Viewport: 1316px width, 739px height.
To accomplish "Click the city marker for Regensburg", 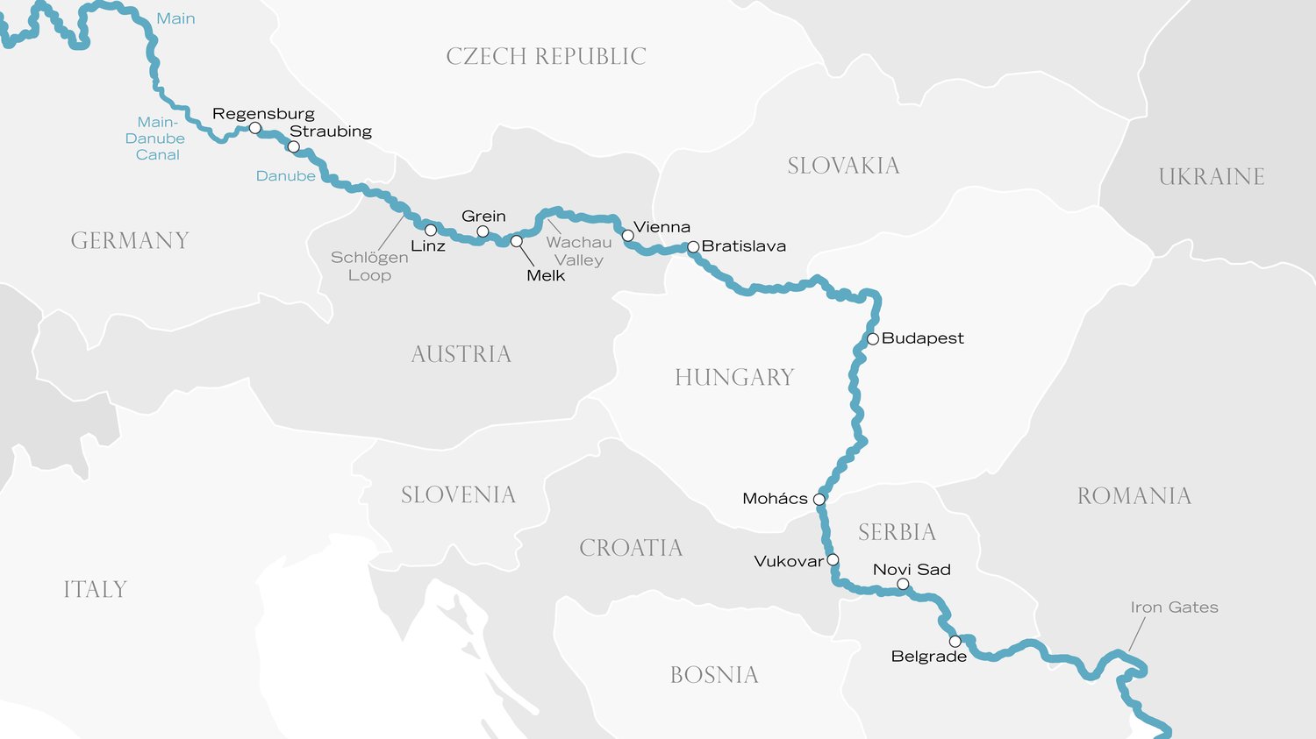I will [x=255, y=128].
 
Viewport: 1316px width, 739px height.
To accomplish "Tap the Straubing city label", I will [x=331, y=131].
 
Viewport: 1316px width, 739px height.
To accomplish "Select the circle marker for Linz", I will [x=431, y=231].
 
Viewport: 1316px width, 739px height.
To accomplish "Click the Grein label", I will [x=483, y=217].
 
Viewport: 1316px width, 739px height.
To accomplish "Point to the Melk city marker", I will [x=517, y=241].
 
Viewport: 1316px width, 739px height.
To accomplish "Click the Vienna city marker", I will [x=628, y=236].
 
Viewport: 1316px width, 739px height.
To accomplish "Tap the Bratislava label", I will [x=743, y=246].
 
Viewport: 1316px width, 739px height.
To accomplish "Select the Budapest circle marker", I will [x=873, y=339].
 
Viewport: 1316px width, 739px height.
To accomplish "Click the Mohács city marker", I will [x=819, y=500].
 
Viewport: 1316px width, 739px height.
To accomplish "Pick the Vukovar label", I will [x=789, y=561].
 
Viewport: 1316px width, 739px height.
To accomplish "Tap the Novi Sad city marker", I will [x=903, y=584].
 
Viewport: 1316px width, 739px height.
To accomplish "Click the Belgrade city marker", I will [x=955, y=642].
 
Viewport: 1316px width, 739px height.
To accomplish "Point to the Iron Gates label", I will [x=1174, y=608].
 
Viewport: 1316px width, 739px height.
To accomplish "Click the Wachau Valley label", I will [x=579, y=251].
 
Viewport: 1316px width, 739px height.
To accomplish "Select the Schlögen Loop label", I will [x=369, y=266].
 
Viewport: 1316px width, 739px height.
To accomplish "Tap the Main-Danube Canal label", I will [x=156, y=139].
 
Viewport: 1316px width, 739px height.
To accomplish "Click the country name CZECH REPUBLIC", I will [x=546, y=57].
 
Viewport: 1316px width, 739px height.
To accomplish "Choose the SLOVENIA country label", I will [x=458, y=495].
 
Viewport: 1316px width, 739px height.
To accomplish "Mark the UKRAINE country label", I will [x=1211, y=177].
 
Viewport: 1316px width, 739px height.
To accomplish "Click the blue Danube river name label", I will [x=285, y=176].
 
